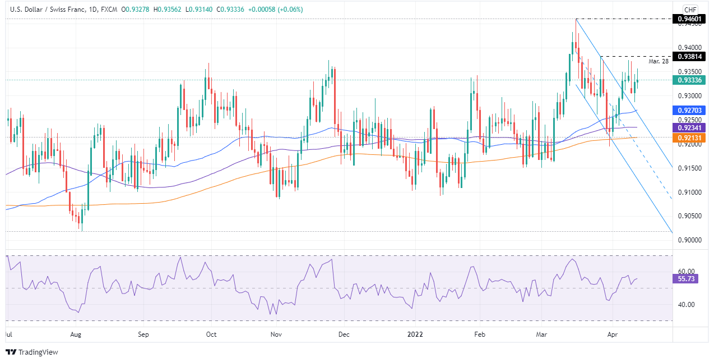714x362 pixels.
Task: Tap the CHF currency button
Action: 690,10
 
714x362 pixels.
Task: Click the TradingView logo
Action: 32,352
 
